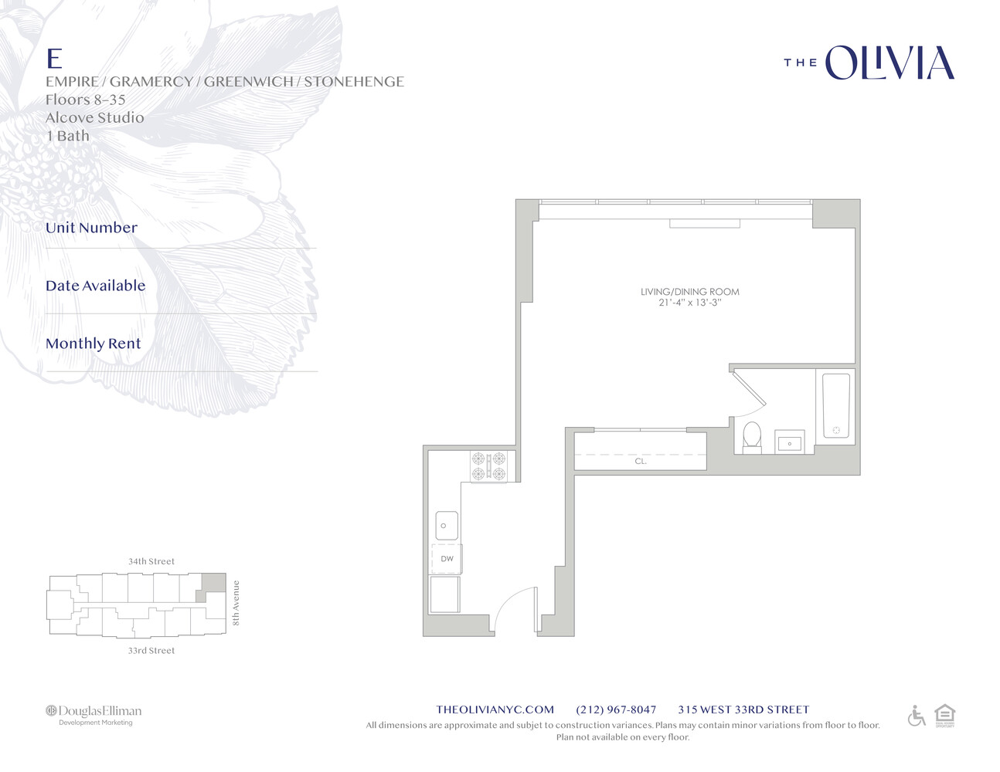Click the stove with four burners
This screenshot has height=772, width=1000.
point(488,466)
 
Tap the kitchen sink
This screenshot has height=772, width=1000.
point(446,526)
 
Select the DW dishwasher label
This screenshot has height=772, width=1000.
point(447,559)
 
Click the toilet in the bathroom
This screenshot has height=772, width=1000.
point(751,437)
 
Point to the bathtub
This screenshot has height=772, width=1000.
point(835,405)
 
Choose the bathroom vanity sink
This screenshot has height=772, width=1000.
point(789,442)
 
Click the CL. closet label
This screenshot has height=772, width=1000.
point(641,461)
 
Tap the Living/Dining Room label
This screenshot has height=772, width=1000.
point(689,292)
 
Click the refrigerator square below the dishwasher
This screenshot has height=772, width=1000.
point(444,594)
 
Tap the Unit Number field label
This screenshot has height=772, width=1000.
point(91,228)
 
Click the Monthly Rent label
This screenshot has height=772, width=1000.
point(94,344)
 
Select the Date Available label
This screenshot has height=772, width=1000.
point(95,286)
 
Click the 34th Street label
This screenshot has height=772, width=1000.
point(151,561)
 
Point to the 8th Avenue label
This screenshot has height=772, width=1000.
point(236,602)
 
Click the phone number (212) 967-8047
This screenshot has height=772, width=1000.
point(616,709)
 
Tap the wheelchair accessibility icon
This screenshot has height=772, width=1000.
point(917,716)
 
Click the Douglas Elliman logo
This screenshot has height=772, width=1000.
point(94,713)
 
